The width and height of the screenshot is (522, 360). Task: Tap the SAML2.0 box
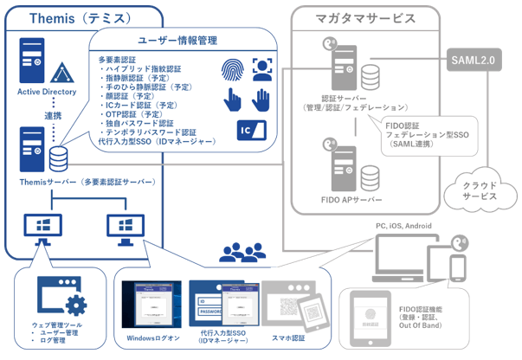[x=472, y=61]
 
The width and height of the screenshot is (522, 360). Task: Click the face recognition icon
[x=261, y=68]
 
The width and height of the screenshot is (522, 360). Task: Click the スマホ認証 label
[x=289, y=339]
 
